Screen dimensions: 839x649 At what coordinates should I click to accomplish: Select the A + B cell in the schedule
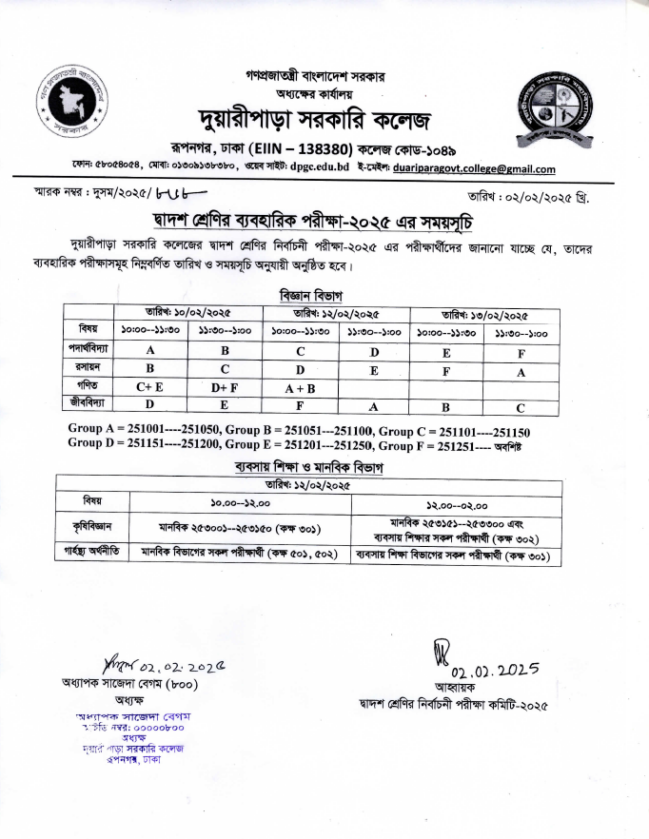point(300,387)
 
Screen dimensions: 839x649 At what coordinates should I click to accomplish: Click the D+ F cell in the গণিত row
point(226,387)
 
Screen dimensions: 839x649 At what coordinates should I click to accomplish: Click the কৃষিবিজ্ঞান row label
point(93,527)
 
